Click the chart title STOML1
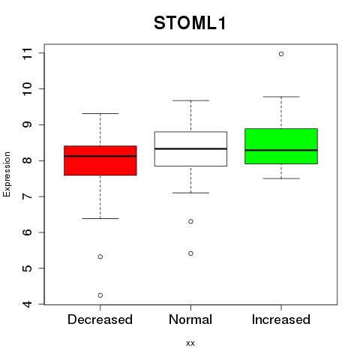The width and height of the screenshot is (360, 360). click(190, 23)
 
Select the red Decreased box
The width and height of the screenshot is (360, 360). click(100, 160)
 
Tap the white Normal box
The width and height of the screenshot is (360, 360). click(190, 148)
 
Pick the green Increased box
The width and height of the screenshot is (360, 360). click(281, 146)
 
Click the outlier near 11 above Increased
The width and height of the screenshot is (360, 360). click(281, 54)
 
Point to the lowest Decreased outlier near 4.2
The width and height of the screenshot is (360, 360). click(100, 295)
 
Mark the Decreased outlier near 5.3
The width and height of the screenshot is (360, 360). click(100, 256)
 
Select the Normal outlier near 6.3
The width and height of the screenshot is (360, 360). click(190, 221)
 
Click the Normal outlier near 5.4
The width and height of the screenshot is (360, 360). click(190, 253)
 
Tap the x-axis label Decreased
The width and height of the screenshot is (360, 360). click(100, 319)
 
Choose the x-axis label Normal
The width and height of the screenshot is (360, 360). click(190, 319)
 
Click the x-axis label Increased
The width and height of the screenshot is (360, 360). click(281, 319)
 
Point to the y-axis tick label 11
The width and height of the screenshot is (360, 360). click(27, 53)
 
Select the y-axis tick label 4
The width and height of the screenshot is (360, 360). click(27, 304)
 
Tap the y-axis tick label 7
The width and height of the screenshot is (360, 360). click(27, 196)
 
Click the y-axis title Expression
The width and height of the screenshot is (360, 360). click(7, 174)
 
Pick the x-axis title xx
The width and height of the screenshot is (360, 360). click(190, 343)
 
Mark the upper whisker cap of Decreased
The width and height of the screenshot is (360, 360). click(100, 113)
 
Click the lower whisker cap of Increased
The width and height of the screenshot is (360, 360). click(281, 178)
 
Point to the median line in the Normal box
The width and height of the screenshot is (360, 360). click(190, 148)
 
